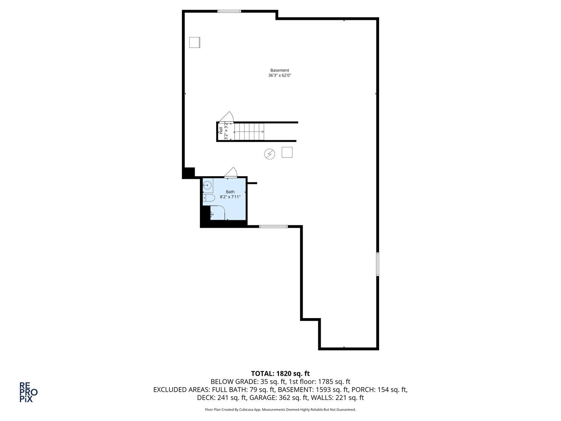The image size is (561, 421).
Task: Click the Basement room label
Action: point(280,71)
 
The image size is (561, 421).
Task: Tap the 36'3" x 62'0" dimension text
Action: point(280,76)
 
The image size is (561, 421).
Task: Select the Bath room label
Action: point(230,192)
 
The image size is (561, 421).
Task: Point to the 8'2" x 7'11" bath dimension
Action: point(230,197)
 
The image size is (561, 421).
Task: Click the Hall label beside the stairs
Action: point(221,131)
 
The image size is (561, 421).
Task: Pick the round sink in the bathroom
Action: point(208,186)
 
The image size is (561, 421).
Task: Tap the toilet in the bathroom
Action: point(209,198)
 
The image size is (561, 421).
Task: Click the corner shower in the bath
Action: point(217,213)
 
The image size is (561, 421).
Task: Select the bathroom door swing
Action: point(231,172)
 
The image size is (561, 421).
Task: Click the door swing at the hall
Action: point(226,117)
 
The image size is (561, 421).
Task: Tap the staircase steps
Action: point(249,132)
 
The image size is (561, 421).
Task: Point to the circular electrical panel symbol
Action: point(270,154)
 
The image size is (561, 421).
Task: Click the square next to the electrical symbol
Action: point(287,152)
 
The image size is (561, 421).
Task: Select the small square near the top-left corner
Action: point(194,42)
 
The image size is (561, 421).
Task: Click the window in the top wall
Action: point(229,11)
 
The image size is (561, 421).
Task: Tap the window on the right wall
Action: point(378,264)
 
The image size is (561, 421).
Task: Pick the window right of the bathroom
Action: point(273,226)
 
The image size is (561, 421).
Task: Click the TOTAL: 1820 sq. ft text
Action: point(280,374)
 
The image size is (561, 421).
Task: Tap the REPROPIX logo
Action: point(28,392)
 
